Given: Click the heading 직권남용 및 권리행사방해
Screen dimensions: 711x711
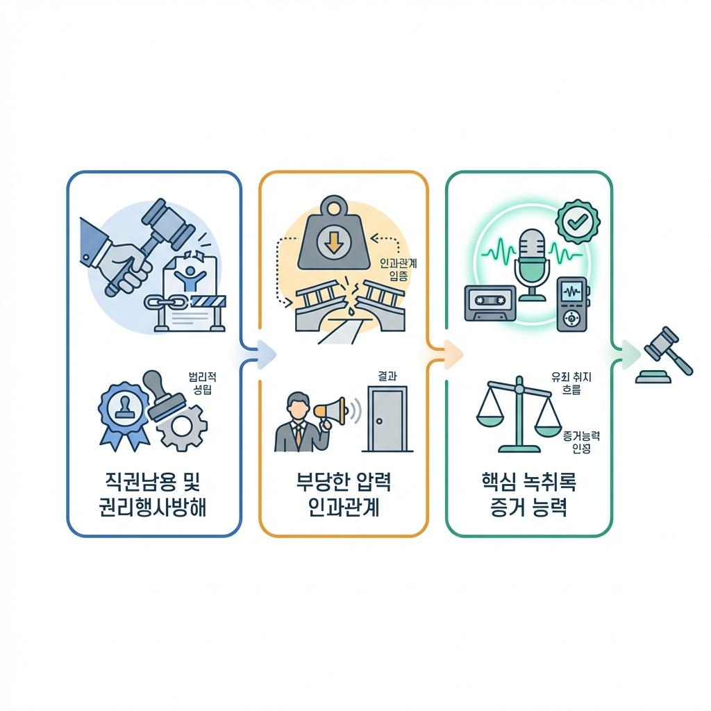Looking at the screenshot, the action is click(154, 495).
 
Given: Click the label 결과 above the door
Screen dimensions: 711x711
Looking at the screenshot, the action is click(387, 376).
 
